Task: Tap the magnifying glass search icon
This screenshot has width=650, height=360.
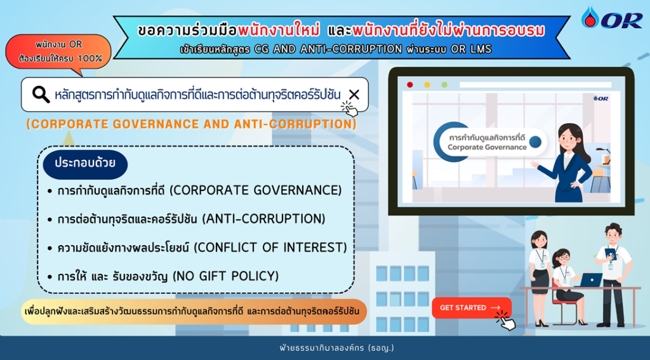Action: click(41, 95)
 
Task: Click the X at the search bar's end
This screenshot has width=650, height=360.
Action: click(354, 95)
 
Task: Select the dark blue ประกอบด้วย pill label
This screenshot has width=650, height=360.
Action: click(85, 163)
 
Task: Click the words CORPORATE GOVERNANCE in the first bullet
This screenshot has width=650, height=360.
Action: click(256, 190)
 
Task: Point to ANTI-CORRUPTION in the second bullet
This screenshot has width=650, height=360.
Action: click(263, 219)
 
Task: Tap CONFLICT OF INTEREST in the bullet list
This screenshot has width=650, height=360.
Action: click(270, 248)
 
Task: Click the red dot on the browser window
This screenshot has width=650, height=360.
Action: click(410, 84)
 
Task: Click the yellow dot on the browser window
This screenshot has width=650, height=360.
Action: click(427, 84)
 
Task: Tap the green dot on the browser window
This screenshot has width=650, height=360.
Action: click(444, 84)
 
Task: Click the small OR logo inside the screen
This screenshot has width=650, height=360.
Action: click(600, 98)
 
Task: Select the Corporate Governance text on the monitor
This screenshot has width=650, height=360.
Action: click(487, 147)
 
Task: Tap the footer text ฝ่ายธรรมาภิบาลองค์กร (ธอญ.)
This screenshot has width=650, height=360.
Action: click(336, 347)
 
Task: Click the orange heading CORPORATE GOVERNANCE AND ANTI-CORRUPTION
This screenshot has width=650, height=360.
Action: click(192, 124)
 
